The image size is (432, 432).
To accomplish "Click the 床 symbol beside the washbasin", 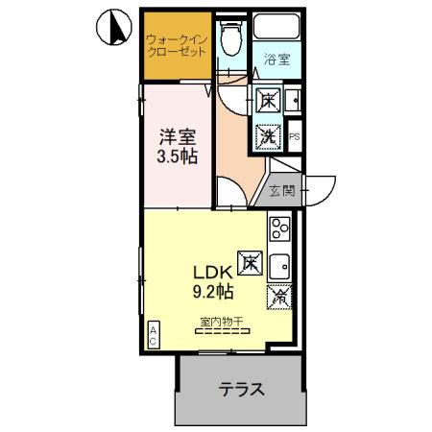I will point(268,100).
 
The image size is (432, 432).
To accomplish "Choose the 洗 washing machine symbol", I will point(269,136).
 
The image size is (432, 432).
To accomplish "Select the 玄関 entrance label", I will point(282,190).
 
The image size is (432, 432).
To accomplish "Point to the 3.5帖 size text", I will point(178,156).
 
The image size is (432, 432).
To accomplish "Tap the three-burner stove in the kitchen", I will point(279,228).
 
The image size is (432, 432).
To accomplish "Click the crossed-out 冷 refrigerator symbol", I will point(278,298).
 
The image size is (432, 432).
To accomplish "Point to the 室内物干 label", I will point(222,321).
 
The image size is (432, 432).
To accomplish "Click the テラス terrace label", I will point(241,389).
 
